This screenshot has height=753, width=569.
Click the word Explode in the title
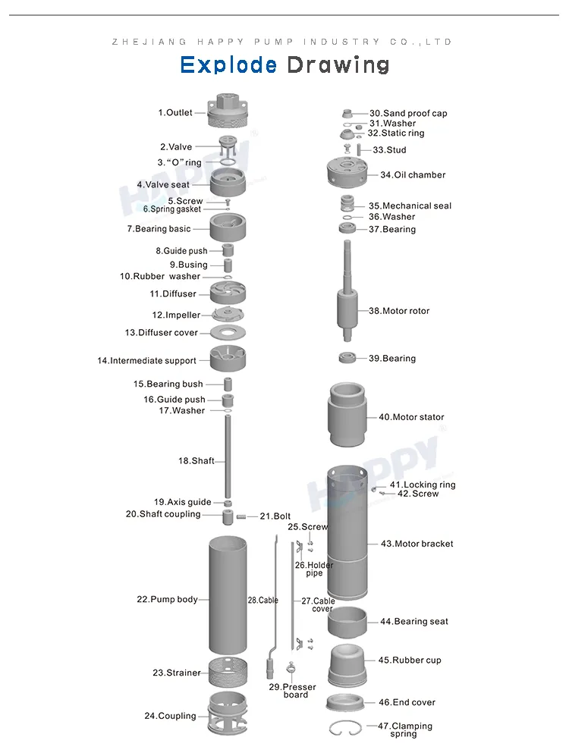coord(228,65)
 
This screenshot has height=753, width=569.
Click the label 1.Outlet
coord(175,113)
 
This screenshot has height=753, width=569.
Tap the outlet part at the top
coord(228,113)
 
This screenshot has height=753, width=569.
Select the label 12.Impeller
coord(176,315)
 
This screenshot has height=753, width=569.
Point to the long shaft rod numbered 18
coord(228,455)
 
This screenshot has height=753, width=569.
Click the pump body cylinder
coord(228,595)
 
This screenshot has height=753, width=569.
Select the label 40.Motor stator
coord(411,417)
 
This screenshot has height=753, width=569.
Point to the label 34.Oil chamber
coord(413,174)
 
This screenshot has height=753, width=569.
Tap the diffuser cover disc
coord(228,332)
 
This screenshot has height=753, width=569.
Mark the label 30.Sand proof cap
coord(408,113)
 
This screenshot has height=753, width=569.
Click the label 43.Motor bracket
coord(417,544)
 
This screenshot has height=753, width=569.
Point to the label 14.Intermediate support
coord(146,361)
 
